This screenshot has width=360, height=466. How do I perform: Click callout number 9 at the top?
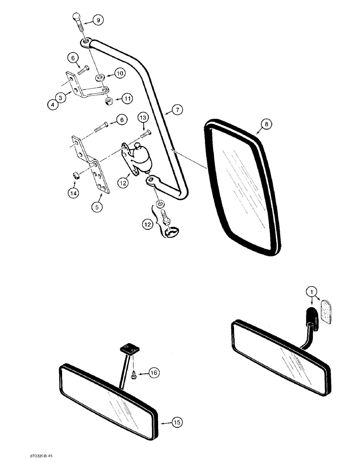pyautogui.click(x=98, y=20)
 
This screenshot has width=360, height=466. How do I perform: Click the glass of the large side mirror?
pyautogui.click(x=242, y=191)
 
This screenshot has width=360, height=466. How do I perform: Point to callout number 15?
pyautogui.click(x=177, y=423)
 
